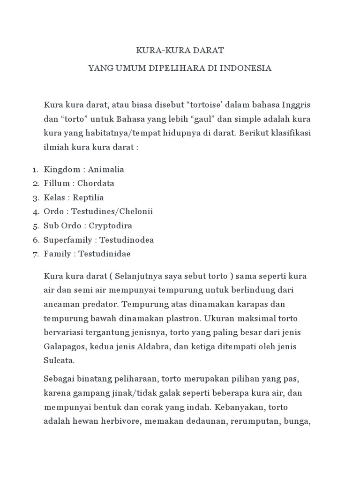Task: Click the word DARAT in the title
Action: (209, 50)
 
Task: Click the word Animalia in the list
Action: (105, 169)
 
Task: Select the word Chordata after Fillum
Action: (96, 183)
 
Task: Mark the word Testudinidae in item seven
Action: (105, 254)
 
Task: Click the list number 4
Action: (36, 211)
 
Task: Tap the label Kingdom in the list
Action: (60, 169)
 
